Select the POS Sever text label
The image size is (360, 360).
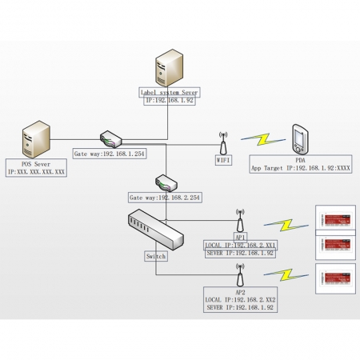click(37, 163)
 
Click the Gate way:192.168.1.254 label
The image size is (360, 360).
click(110, 153)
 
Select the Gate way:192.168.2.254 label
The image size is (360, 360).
click(165, 196)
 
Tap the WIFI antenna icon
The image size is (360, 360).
click(223, 142)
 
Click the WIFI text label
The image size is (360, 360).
click(223, 159)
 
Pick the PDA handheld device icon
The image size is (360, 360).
click(299, 139)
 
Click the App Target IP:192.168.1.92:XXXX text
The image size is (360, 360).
click(300, 169)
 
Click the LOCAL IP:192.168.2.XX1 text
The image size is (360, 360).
click(240, 245)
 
